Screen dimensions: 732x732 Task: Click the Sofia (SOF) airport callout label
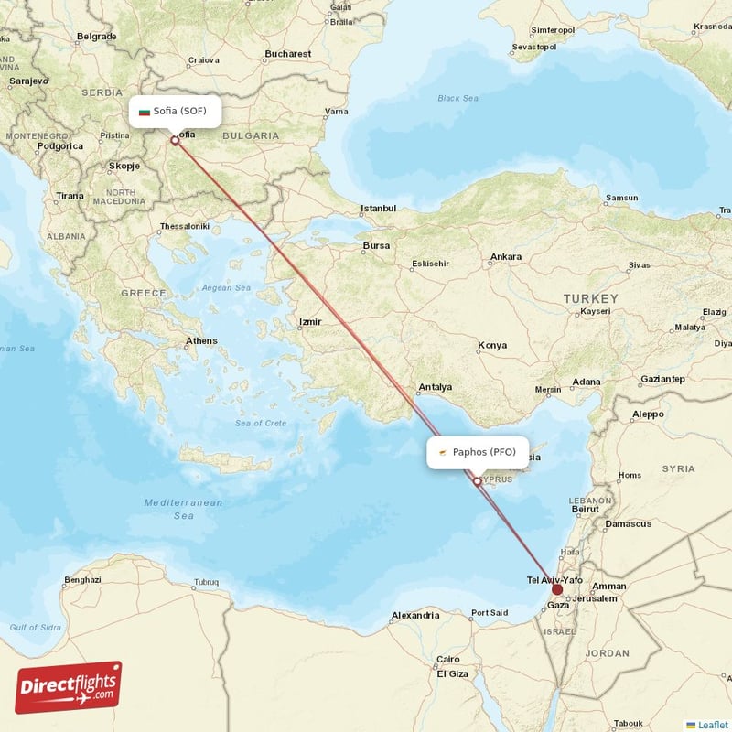174,112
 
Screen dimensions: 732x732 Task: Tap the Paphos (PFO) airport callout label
478,452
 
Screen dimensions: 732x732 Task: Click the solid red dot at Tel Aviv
557,589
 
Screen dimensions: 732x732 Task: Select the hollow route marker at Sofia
175,141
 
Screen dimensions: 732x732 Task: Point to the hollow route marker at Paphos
477,481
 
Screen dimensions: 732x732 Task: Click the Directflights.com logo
68,687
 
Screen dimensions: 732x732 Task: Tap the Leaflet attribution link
712,724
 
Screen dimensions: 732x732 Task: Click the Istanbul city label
378,209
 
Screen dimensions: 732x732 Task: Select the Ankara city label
506,257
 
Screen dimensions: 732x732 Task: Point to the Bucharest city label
288,54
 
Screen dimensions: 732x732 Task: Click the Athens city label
201,341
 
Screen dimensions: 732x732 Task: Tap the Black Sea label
457,99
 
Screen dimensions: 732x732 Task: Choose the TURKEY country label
590,299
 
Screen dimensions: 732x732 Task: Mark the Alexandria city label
415,616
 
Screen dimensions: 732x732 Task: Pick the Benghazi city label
82,580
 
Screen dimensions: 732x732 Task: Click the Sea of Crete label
261,423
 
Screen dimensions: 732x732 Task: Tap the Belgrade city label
96,37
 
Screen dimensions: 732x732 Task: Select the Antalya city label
436,387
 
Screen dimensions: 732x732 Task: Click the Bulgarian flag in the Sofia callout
144,112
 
